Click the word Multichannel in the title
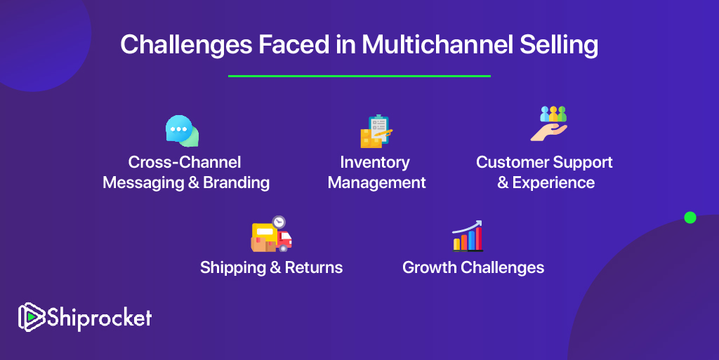(437, 44)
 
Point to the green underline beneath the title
(359, 76)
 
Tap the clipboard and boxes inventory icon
(376, 131)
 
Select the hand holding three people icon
(549, 124)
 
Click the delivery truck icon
(271, 234)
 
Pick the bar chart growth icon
(468, 236)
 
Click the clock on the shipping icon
(279, 222)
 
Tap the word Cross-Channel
(185, 162)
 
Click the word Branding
(236, 182)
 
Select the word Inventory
(375, 163)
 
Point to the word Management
(376, 182)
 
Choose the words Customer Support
(544, 163)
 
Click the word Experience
(553, 182)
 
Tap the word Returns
(314, 267)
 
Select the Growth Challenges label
(473, 268)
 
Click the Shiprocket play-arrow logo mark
(31, 317)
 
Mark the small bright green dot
(690, 218)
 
